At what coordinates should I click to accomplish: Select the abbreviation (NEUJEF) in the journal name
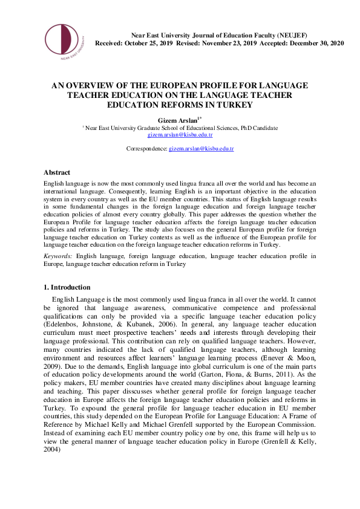pyautogui.click(x=295, y=36)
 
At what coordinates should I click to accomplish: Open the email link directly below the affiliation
pyautogui.click(x=180, y=136)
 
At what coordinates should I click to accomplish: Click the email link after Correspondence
pyautogui.click(x=201, y=148)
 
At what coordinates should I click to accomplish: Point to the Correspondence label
pyautogui.click(x=146, y=148)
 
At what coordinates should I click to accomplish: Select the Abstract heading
pyautogui.click(x=57, y=172)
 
